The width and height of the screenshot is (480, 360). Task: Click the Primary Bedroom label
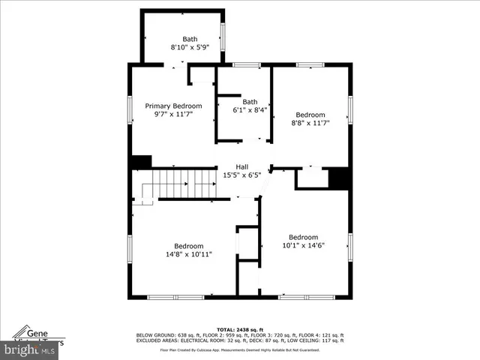click(173, 106)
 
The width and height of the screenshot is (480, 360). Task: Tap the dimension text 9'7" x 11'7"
click(173, 115)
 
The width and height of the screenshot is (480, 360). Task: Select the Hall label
click(242, 166)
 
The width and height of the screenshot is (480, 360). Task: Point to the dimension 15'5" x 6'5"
click(242, 175)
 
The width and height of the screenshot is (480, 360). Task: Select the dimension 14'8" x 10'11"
click(189, 254)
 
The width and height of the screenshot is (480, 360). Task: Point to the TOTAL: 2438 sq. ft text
click(238, 329)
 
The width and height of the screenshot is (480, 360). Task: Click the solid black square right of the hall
click(340, 178)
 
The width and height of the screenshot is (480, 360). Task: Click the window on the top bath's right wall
click(223, 35)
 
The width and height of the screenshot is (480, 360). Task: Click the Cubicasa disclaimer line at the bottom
click(239, 349)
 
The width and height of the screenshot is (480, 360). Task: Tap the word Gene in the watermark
click(38, 331)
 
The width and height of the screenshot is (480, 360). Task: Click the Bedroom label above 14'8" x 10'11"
click(189, 246)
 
